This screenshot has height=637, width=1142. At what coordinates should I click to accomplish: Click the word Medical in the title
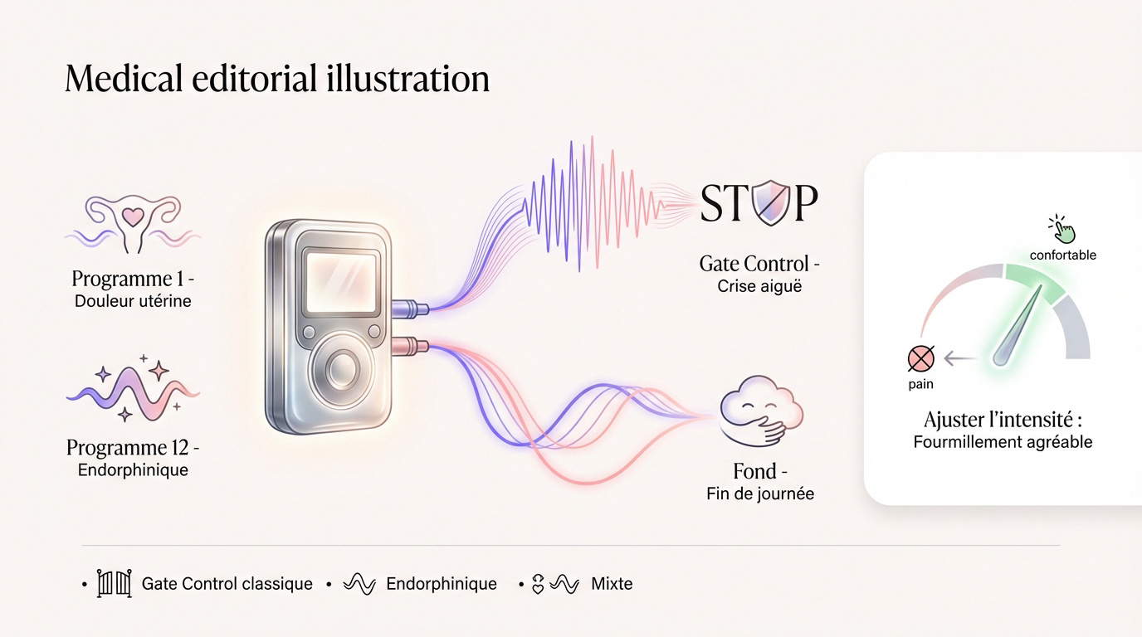(x=124, y=79)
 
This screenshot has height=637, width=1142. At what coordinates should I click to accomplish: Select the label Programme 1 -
(x=133, y=279)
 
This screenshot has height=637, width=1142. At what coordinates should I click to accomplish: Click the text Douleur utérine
(x=133, y=301)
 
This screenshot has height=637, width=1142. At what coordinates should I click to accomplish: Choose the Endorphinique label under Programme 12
(x=133, y=469)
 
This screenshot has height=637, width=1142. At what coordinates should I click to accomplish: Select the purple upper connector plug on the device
(x=410, y=308)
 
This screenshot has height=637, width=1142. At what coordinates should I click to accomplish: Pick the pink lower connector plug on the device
(x=410, y=346)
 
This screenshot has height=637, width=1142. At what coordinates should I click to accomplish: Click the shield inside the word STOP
(x=772, y=202)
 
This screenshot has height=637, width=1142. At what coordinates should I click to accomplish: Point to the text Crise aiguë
(x=759, y=286)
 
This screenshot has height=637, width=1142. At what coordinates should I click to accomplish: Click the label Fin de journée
(x=760, y=494)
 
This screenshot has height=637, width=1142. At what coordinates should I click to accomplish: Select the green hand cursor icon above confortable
(x=1062, y=229)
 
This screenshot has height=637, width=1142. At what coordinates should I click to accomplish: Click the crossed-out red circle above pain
(x=921, y=359)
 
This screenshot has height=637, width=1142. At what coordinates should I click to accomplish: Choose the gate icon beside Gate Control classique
(x=115, y=583)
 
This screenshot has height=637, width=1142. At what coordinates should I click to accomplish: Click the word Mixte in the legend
(x=612, y=583)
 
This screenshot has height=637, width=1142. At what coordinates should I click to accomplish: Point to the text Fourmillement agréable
(x=1003, y=442)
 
